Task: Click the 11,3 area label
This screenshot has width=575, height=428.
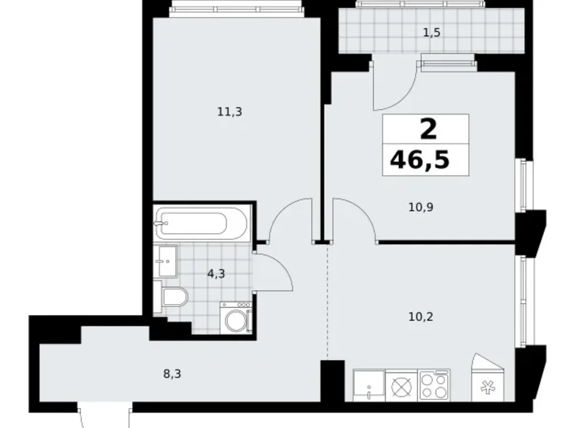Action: tap(229, 112)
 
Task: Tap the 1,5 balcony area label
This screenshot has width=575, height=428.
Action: tap(431, 32)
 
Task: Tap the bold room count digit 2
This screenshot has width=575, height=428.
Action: tap(427, 129)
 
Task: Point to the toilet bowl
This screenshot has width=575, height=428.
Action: tap(174, 297)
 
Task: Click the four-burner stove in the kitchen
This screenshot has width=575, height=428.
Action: tap(435, 384)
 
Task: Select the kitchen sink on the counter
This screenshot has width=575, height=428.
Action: tap(368, 384)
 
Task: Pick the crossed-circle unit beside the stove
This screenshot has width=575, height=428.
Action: tap(402, 384)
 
